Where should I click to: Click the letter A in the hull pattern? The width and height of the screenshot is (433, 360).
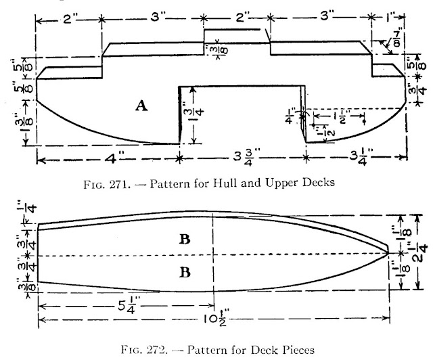click(x=141, y=105)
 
